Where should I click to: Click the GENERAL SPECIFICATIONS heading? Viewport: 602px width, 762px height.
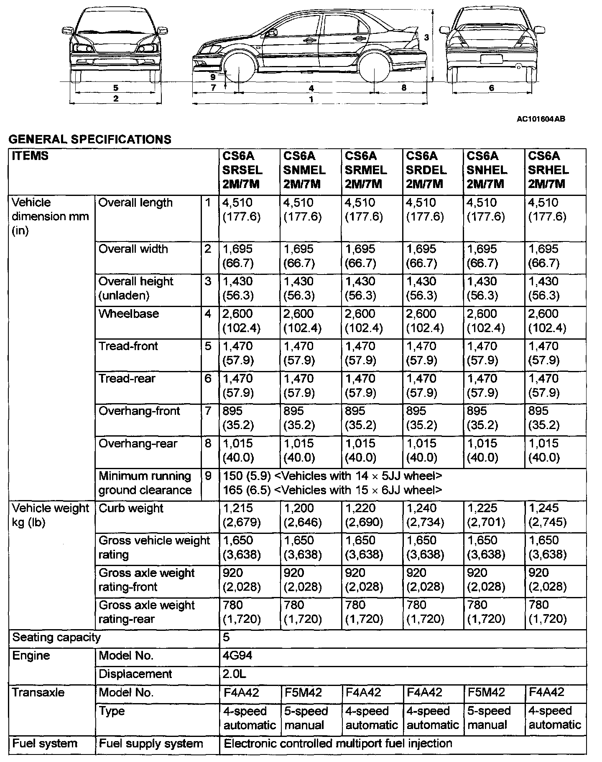89,139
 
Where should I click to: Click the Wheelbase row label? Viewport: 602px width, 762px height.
129,314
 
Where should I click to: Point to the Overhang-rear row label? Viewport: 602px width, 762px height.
138,444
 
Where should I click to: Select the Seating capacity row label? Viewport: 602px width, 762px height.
56,638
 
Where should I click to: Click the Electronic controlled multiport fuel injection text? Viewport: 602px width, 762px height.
338,744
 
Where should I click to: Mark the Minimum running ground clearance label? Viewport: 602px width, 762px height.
145,483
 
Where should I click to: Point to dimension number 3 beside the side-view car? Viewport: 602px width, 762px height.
426,37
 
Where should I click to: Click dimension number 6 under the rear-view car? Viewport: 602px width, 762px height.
492,88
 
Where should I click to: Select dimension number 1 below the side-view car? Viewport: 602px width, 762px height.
311,100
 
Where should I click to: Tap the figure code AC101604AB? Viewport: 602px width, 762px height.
541,119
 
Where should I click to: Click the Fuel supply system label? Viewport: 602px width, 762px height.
150,744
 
